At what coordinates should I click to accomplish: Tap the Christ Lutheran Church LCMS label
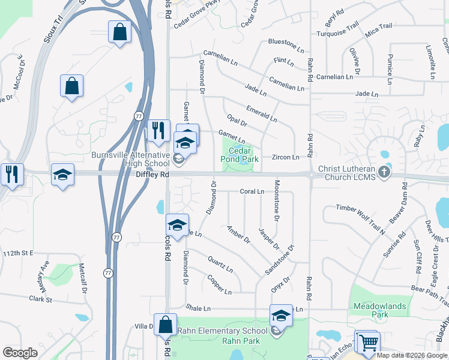click(x=347, y=173)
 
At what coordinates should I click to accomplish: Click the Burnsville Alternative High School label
click(x=131, y=159)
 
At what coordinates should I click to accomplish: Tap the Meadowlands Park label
click(x=379, y=310)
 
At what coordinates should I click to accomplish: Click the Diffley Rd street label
click(x=152, y=175)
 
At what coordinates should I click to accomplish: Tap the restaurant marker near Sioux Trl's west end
click(x=13, y=175)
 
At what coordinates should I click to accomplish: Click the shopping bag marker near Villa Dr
click(x=165, y=326)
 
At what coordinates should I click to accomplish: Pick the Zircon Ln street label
click(x=286, y=157)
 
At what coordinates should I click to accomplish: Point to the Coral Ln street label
click(x=252, y=192)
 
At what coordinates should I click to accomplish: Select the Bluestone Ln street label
click(x=282, y=43)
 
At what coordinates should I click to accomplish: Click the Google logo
click(x=20, y=352)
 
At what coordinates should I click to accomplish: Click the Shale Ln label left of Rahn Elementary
click(x=198, y=308)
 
